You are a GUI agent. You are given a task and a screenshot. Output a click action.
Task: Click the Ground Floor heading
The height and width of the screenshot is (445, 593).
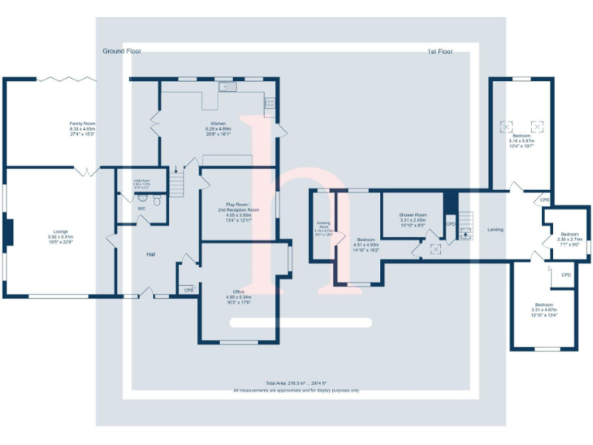coord(122,51)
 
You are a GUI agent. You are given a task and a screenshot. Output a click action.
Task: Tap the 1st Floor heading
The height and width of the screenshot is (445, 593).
coord(439,52)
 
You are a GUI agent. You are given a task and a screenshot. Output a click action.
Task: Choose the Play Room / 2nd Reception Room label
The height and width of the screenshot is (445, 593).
coord(238,206)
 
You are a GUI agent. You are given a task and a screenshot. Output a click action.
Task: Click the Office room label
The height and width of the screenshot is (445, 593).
coord(239,292)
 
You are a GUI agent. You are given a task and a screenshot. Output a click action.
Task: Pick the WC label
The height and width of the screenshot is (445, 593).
coord(141,209)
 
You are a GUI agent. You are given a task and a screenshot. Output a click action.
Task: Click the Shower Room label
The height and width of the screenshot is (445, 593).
coord(413,216)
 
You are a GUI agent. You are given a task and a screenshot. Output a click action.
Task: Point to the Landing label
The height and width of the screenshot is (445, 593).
coord(496,230)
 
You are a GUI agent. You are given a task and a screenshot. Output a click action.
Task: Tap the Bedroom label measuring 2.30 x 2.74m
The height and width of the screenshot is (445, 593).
coord(569,234)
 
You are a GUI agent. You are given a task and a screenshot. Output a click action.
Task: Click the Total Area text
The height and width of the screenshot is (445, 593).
coord(296,383)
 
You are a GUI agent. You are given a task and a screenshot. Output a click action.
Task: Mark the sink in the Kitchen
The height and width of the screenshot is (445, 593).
coord(226,87)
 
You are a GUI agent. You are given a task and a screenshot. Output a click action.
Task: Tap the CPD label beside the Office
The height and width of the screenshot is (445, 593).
coord(188,290)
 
